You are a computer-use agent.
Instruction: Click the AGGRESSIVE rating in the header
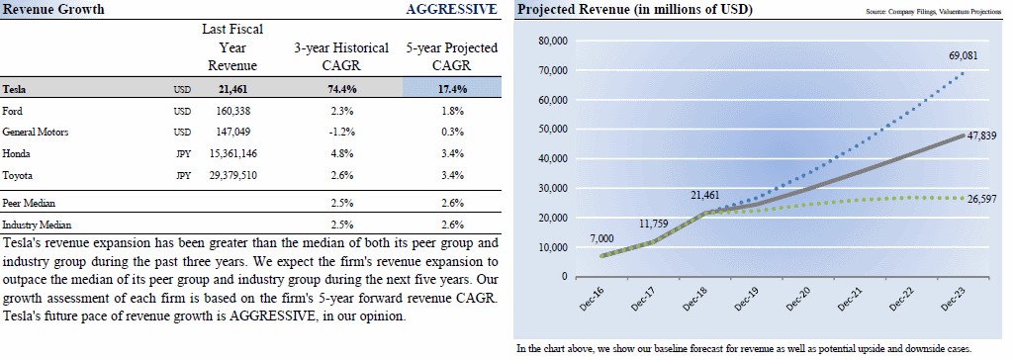(x=452, y=9)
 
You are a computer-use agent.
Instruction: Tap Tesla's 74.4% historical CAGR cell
(x=341, y=89)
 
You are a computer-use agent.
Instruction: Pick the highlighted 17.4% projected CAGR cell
(x=452, y=89)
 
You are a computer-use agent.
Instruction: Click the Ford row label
(x=12, y=111)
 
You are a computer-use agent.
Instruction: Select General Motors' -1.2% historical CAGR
(x=341, y=132)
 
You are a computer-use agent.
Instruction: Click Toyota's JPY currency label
(x=183, y=175)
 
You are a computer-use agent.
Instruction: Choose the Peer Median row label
(x=29, y=203)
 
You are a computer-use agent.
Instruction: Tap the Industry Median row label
(x=37, y=225)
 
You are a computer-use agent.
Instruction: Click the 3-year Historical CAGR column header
(x=341, y=56)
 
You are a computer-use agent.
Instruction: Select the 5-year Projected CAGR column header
(x=452, y=56)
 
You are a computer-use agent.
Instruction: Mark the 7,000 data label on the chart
(x=600, y=239)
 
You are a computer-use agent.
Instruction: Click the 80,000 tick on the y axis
(x=553, y=41)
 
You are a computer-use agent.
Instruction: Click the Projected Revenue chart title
(x=634, y=9)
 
